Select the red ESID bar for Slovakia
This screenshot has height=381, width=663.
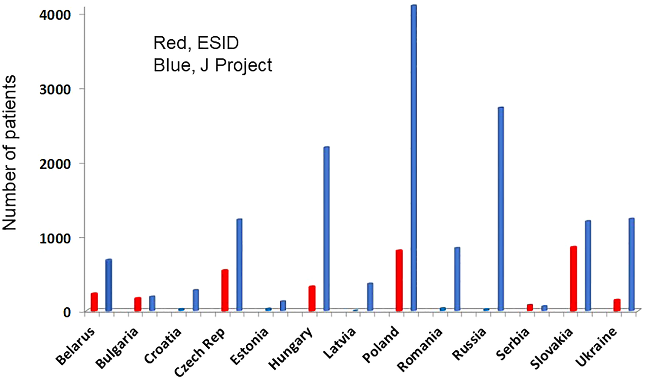click(x=573, y=278)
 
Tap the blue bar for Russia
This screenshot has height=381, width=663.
click(x=501, y=209)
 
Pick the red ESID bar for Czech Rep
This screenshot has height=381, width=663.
click(x=225, y=290)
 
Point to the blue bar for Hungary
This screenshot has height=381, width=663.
click(x=326, y=229)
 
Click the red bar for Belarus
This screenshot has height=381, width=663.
click(x=94, y=302)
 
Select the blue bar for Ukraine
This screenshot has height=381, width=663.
click(x=631, y=264)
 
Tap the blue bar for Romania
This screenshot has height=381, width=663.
click(x=457, y=279)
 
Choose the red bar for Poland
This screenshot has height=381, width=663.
click(x=399, y=280)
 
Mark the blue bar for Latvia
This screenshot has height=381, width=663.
click(x=370, y=297)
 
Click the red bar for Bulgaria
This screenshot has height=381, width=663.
click(x=138, y=304)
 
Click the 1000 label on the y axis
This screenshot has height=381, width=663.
click(x=55, y=238)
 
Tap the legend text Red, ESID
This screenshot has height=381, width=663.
click(x=196, y=43)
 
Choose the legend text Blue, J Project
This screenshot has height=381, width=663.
click(x=213, y=65)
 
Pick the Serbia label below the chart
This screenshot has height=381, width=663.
click(x=513, y=344)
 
